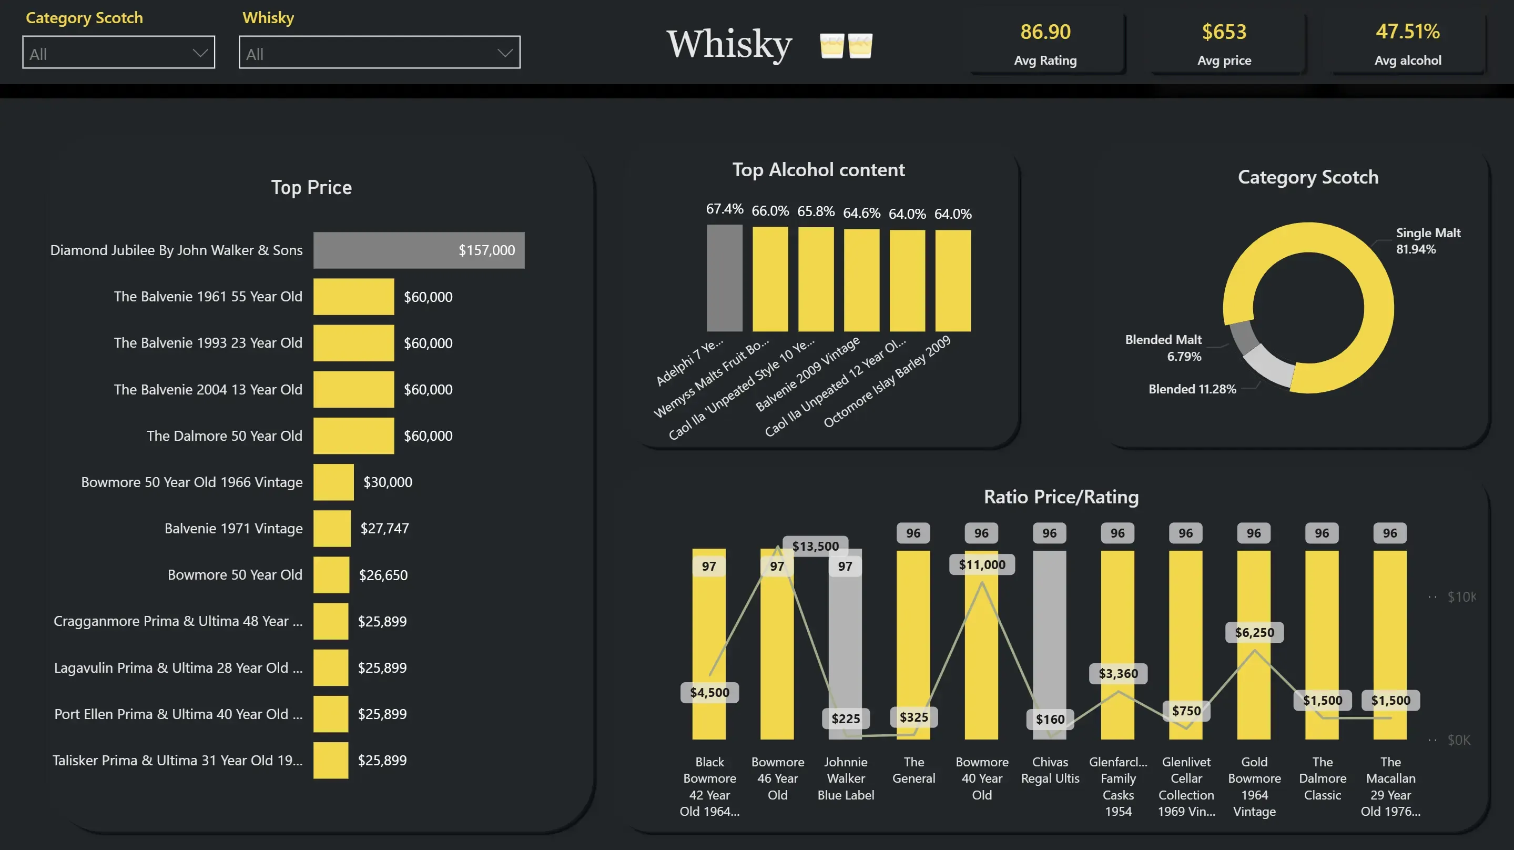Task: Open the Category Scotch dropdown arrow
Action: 200,53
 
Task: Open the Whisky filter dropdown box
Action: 379,53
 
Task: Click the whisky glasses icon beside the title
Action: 846,45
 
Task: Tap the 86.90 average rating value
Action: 1045,32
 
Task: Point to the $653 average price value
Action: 1224,32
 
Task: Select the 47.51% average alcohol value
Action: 1407,32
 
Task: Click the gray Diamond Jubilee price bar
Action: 419,250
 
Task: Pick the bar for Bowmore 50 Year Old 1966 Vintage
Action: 333,482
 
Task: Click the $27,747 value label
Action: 384,529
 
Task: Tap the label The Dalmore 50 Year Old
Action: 225,436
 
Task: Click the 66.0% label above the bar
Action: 770,211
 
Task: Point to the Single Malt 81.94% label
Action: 1428,241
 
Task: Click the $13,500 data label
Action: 815,546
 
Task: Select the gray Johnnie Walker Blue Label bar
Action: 845,646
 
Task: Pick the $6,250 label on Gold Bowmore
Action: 1254,633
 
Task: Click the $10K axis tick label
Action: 1460,597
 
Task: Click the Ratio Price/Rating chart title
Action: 1061,497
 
